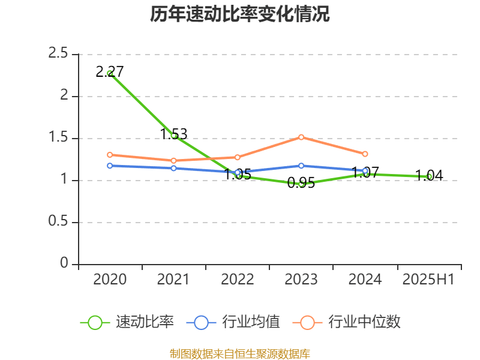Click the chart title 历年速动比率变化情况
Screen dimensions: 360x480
tap(240, 15)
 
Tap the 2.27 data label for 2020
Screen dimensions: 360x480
tap(110, 72)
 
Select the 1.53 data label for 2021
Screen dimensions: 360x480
tap(174, 134)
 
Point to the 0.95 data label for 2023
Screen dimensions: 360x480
tap(301, 183)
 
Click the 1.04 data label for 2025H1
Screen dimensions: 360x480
tap(429, 176)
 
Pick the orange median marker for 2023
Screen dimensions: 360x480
tap(301, 137)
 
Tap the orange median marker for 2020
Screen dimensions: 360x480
tap(110, 155)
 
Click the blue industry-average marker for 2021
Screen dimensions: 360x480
tap(174, 168)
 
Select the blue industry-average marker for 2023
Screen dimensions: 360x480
tap(301, 166)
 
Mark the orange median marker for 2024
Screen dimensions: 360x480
tap(365, 154)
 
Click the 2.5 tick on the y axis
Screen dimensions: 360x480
tap(58, 54)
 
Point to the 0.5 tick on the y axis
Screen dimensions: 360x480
tap(58, 222)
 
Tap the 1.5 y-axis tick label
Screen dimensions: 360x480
tap(58, 138)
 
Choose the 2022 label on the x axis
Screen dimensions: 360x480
tap(238, 279)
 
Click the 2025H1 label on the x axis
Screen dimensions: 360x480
tap(428, 279)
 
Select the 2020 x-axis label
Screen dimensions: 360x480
tap(110, 279)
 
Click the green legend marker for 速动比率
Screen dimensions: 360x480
tap(95, 322)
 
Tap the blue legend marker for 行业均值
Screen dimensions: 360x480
tap(201, 322)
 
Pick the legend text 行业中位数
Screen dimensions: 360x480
tap(364, 322)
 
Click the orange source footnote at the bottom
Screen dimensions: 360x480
tap(240, 353)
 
